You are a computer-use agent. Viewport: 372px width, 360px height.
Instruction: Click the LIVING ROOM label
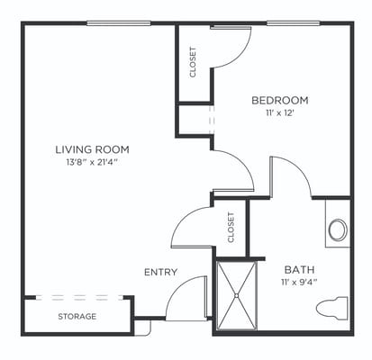pyautogui.click(x=93, y=148)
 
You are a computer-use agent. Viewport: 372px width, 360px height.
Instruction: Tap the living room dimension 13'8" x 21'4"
pyautogui.click(x=93, y=162)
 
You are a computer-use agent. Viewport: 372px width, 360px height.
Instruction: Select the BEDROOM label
pyautogui.click(x=279, y=100)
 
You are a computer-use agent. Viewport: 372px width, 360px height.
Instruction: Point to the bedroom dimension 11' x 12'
pyautogui.click(x=279, y=113)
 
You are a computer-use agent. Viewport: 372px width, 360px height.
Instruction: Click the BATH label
pyautogui.click(x=298, y=269)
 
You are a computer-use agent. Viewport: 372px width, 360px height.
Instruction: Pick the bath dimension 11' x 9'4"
pyautogui.click(x=298, y=283)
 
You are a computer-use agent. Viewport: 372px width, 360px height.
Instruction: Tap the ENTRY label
pyautogui.click(x=160, y=272)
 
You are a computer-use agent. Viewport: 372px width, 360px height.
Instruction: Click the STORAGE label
pyautogui.click(x=77, y=317)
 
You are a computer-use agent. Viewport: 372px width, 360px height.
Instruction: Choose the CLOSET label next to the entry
pyautogui.click(x=231, y=228)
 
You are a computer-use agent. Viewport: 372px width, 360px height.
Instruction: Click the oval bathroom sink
pyautogui.click(x=338, y=229)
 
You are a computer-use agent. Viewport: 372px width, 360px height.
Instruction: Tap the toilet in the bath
pyautogui.click(x=332, y=309)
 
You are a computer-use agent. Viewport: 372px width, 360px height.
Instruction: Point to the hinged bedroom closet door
pyautogui.click(x=230, y=47)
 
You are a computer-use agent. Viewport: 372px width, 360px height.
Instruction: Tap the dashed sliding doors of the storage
pyautogui.click(x=77, y=297)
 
